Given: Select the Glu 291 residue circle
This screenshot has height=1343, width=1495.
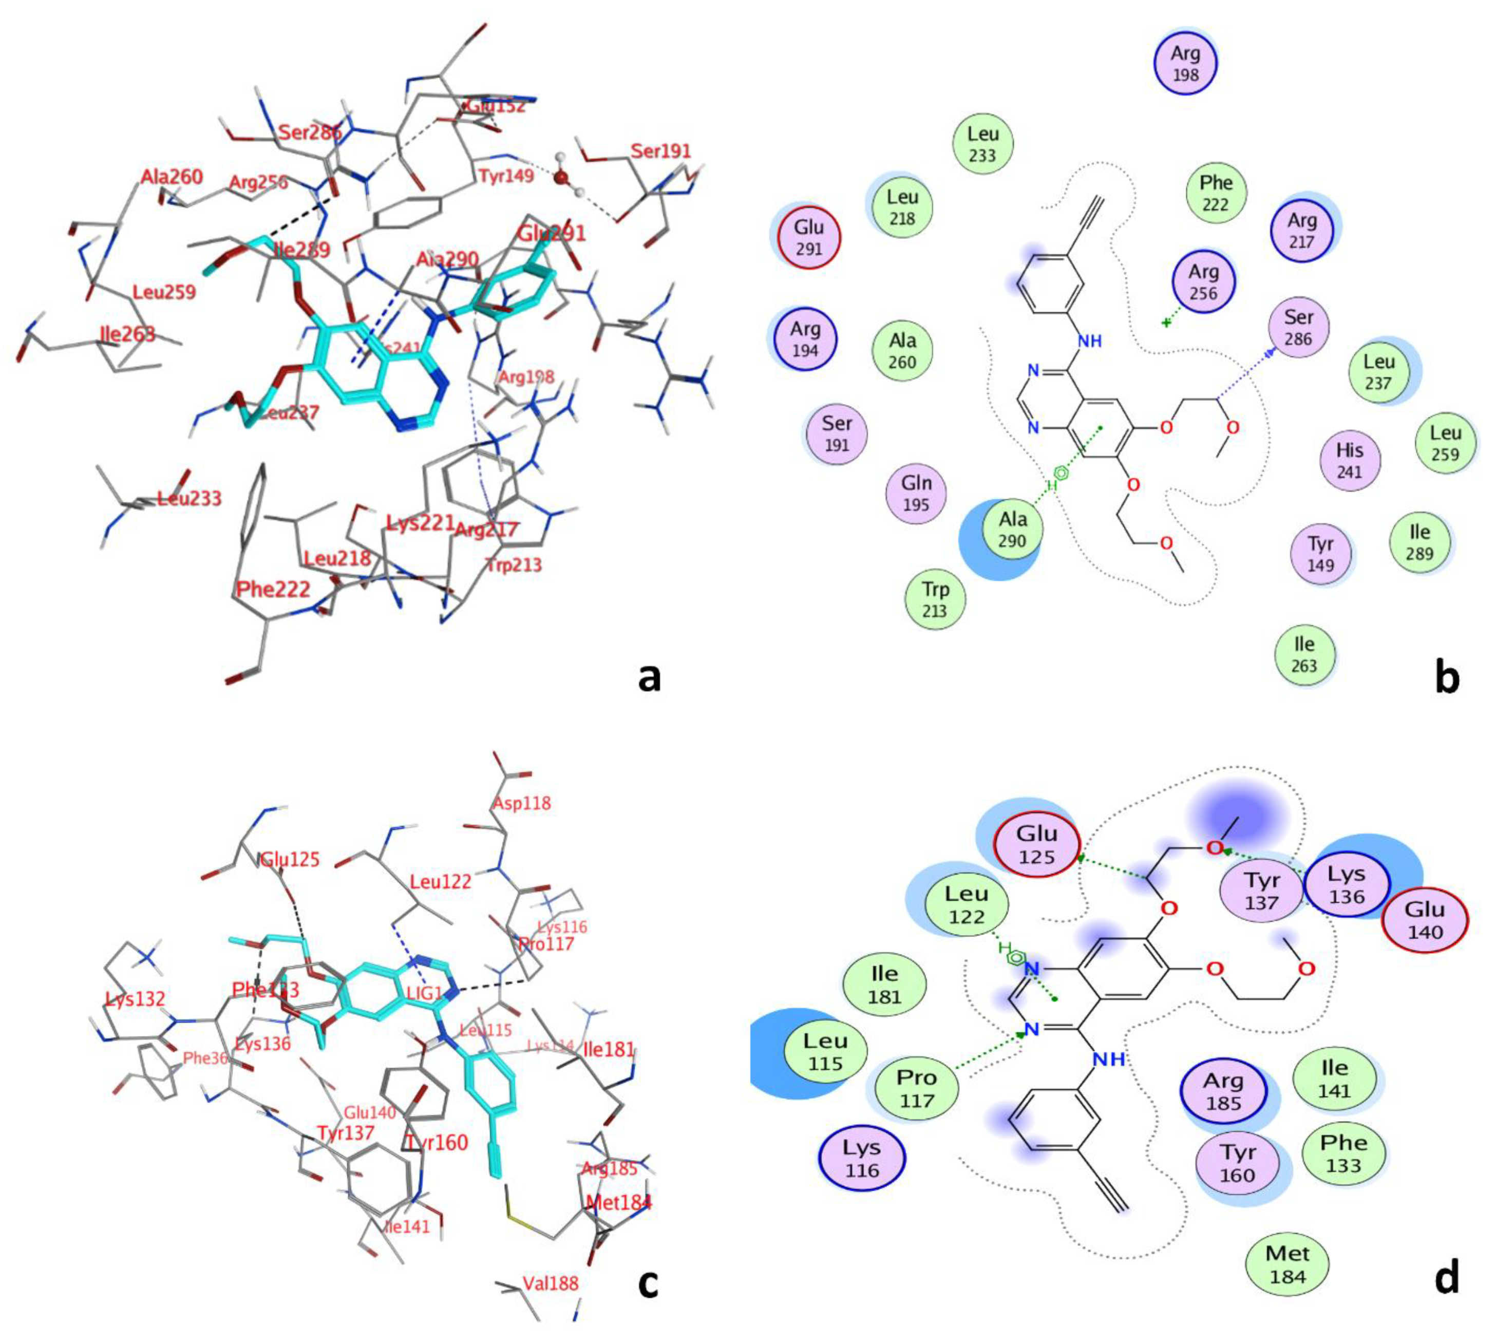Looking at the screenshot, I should (809, 238).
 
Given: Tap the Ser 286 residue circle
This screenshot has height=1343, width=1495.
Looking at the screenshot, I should (1298, 327).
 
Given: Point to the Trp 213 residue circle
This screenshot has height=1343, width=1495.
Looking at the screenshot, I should (935, 599).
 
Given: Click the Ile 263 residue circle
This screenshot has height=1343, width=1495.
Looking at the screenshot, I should (1304, 654).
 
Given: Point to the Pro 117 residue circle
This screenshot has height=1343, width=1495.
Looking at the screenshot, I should (917, 1088).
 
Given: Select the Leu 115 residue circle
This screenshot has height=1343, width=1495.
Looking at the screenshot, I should (825, 1051).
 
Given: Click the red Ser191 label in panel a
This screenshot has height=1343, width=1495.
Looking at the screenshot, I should (660, 152).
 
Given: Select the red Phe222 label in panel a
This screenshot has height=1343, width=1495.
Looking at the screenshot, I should (273, 589).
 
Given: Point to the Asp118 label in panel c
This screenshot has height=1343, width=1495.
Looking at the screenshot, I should (522, 803).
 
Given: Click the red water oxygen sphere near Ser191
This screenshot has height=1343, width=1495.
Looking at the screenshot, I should (561, 178).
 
